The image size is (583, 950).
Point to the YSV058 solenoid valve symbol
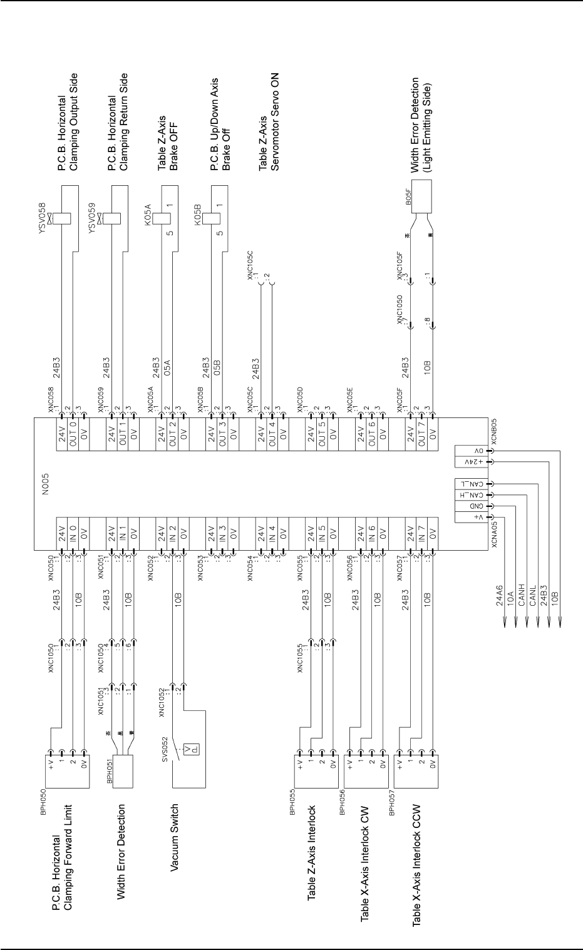(61, 218)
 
